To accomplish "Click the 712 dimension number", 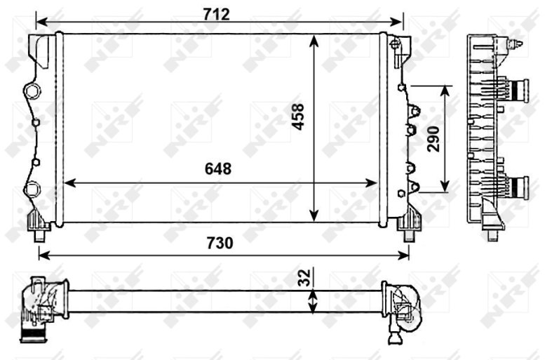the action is (x=216, y=15).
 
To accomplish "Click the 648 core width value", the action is (x=218, y=169).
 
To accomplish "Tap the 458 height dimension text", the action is (x=298, y=117).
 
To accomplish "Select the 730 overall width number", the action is (x=220, y=243).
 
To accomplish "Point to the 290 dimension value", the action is (x=433, y=139).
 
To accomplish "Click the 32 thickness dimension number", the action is (x=305, y=278).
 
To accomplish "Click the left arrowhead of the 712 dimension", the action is (x=41, y=22).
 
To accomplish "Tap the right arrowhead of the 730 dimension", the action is (x=403, y=255).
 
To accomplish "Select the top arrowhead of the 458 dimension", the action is (x=314, y=41).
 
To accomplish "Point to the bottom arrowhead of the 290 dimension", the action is (x=445, y=186).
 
